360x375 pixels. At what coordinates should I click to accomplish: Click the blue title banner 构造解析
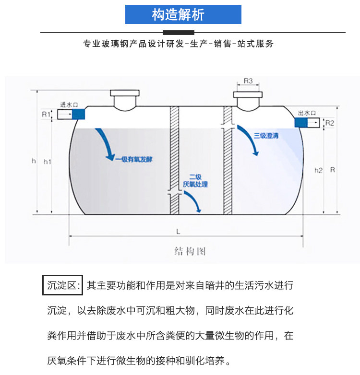click(183, 14)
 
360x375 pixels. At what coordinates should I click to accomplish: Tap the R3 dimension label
click(248, 81)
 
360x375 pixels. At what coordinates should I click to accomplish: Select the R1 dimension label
click(45, 115)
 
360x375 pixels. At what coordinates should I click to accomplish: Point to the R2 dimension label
click(329, 123)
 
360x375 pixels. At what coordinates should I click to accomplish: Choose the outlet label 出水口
click(306, 113)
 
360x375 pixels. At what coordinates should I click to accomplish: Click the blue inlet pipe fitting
click(78, 114)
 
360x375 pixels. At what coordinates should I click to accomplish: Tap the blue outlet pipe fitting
click(301, 123)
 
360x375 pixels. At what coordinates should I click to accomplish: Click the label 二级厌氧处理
click(195, 181)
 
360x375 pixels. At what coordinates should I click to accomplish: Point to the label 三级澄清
click(266, 136)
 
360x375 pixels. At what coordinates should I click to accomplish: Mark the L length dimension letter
click(178, 231)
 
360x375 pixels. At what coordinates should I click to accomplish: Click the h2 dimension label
click(318, 170)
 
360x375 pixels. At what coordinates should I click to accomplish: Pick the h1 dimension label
click(48, 162)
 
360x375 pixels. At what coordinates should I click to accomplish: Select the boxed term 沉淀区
click(63, 286)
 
